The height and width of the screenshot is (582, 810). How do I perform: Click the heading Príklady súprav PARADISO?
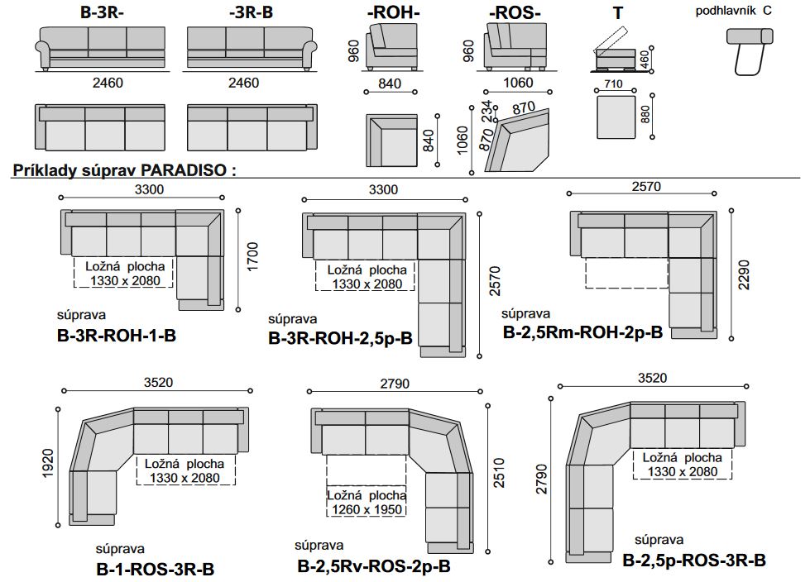coord(124,170)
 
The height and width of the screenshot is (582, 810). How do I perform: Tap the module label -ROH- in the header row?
coord(393,13)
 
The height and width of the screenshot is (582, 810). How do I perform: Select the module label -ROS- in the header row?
coord(515,13)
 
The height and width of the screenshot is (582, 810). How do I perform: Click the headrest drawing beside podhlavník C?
coord(750,51)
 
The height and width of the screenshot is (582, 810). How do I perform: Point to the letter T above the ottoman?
coord(618,13)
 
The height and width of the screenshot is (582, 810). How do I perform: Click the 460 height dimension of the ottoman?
coord(645,60)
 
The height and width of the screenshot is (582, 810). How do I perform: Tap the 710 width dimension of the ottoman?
coord(613,83)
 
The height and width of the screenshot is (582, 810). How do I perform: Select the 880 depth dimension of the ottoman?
coord(645,115)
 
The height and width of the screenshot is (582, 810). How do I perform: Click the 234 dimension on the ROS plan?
coord(486,112)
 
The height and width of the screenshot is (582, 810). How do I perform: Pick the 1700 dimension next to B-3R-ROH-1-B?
coord(252,256)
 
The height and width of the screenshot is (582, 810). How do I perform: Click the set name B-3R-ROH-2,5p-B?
coord(340,338)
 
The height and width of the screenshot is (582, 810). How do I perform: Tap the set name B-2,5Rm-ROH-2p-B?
coord(582,332)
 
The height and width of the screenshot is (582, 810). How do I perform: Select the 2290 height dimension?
coord(743,275)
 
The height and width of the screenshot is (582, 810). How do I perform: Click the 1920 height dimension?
coord(47,463)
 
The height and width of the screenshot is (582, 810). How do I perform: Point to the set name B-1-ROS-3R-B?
coord(155,569)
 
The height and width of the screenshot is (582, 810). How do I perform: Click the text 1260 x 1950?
coord(367,510)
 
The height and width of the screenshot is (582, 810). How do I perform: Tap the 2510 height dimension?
coord(499,473)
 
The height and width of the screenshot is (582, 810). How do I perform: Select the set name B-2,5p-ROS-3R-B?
coord(694,561)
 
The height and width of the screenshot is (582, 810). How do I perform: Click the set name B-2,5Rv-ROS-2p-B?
coord(373,566)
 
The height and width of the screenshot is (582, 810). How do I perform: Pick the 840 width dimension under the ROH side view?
coord(390,83)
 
